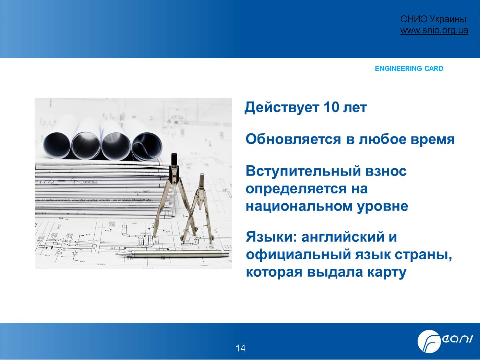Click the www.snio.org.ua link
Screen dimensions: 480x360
click(434, 30)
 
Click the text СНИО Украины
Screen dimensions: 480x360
click(433, 19)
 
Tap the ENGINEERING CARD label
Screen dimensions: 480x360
click(409, 69)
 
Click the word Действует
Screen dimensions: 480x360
click(282, 108)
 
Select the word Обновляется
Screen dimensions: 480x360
click(293, 139)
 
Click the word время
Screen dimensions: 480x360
click(433, 140)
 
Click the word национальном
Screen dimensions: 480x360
click(299, 206)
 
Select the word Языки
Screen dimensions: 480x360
click(271, 237)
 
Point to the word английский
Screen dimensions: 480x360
click(343, 237)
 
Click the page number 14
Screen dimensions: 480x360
click(240, 348)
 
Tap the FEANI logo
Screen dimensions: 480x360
click(445, 341)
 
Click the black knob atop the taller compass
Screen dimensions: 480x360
click(174, 159)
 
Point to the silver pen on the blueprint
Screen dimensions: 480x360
click(173, 254)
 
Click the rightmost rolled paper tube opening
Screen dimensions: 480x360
click(146, 146)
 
